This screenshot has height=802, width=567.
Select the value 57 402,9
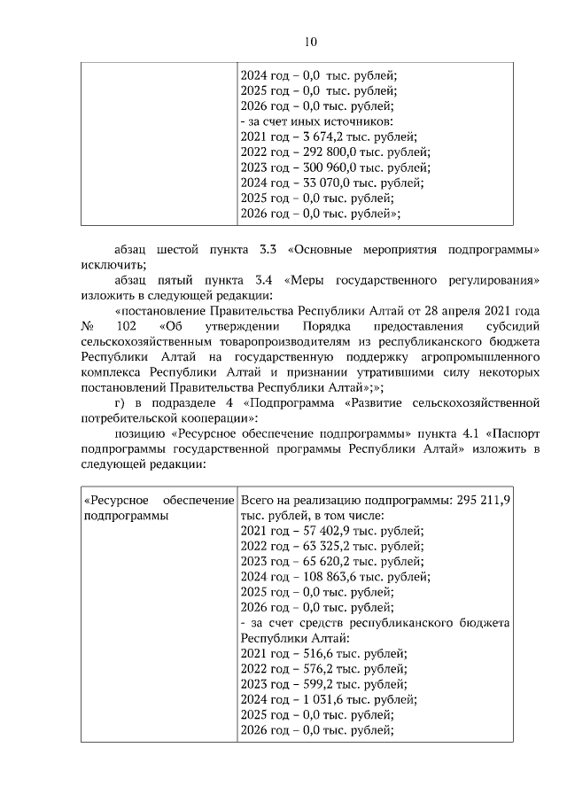coord(317,531)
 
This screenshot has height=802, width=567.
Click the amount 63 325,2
coord(317,546)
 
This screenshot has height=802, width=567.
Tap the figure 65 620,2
coord(317,562)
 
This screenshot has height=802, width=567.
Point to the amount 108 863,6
coord(321,577)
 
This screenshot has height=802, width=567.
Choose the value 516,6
coord(308,654)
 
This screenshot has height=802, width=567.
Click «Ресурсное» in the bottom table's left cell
coord(115,500)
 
